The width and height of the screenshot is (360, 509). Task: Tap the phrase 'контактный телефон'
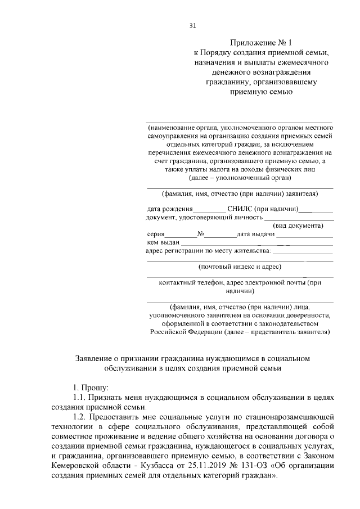(x=193, y=283)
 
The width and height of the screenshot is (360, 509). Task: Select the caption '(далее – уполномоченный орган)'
(x=240, y=177)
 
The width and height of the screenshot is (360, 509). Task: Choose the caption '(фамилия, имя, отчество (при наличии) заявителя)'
(x=240, y=194)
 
